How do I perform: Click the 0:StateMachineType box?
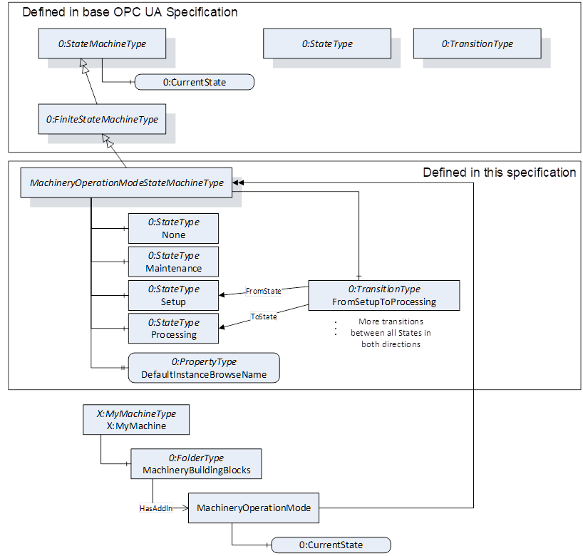click(102, 44)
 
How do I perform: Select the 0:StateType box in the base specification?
click(327, 44)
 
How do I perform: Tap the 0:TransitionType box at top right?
click(477, 44)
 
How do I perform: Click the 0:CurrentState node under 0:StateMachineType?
click(195, 82)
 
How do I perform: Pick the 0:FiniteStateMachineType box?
click(102, 119)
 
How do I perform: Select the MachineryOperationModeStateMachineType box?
click(127, 182)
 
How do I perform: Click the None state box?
click(173, 228)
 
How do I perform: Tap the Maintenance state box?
click(173, 262)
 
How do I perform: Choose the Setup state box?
click(173, 295)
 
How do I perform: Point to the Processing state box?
click(173, 329)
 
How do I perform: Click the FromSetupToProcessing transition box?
click(383, 295)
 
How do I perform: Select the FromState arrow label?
click(264, 291)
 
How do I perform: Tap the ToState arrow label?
click(264, 316)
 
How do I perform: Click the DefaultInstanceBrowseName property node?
click(204, 368)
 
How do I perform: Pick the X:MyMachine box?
click(136, 419)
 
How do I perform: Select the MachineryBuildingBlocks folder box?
click(196, 463)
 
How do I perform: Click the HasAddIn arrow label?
click(156, 508)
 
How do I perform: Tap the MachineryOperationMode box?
click(253, 508)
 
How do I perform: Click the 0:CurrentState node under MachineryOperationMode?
click(331, 545)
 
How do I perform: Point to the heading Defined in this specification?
click(499, 172)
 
